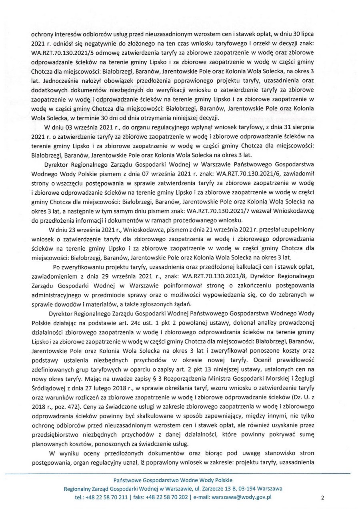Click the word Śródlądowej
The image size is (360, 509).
pos(48,384)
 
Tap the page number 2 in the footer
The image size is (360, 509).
pos(322,498)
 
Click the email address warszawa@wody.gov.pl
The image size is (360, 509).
pos(238,497)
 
